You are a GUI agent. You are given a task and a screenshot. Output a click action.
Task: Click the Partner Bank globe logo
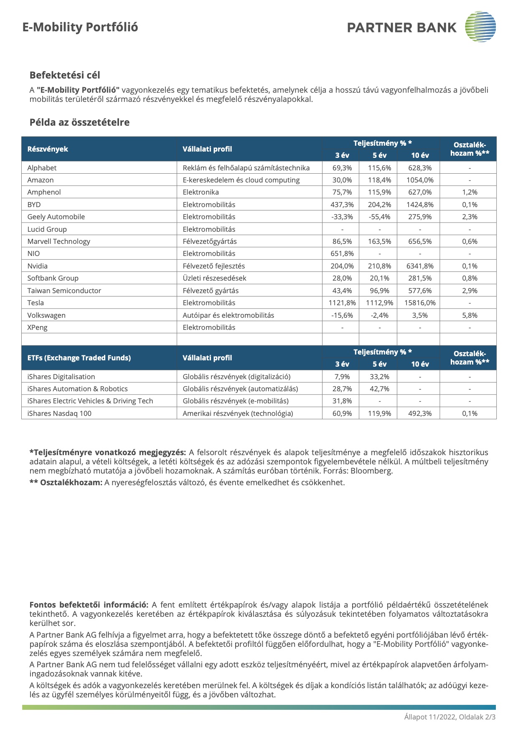click(x=480, y=27)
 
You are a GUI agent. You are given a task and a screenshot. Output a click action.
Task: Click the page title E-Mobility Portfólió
click(x=80, y=27)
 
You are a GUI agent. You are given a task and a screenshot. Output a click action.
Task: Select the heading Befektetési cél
click(x=65, y=75)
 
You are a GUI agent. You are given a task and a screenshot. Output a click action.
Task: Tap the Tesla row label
click(x=36, y=303)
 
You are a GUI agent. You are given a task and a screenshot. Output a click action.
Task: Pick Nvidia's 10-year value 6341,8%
click(x=420, y=266)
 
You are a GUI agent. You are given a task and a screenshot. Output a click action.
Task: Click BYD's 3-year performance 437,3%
click(x=342, y=205)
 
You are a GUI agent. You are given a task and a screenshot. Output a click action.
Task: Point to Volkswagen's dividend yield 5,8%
click(x=470, y=315)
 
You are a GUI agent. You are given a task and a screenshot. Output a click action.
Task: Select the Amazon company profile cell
click(x=241, y=180)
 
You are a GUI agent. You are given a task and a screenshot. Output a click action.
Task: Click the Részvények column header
click(x=48, y=149)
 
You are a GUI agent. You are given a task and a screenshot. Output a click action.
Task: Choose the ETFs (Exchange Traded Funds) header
click(x=79, y=358)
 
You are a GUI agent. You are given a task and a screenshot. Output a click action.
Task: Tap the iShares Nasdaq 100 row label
click(x=59, y=413)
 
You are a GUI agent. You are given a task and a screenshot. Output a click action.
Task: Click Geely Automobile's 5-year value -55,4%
click(x=379, y=217)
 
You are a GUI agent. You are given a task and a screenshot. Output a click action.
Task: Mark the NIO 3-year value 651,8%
click(x=342, y=253)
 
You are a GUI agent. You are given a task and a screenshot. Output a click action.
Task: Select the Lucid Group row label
click(x=47, y=229)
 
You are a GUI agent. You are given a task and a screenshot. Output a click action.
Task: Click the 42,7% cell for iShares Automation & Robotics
click(x=379, y=389)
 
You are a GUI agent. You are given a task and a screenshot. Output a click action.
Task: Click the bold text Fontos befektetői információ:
click(x=89, y=605)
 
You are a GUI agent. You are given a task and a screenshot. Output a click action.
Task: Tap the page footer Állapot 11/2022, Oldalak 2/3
click(x=449, y=717)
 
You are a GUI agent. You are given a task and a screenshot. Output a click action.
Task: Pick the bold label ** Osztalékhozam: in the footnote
click(x=66, y=483)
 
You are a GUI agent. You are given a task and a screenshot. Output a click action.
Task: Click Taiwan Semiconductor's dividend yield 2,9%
click(x=470, y=291)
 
